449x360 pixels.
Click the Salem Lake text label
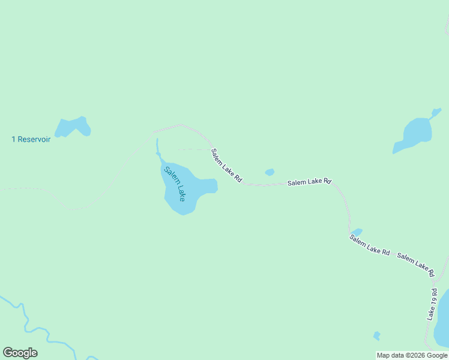click(175, 183)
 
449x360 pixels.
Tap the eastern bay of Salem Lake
click(207, 186)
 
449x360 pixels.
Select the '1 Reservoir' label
click(31, 139)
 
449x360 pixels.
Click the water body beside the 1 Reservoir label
click(72, 127)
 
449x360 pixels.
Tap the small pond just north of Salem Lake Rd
click(270, 172)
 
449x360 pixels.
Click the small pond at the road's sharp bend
click(357, 232)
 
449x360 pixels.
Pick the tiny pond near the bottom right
click(376, 335)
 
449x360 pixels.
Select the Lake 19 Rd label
click(432, 304)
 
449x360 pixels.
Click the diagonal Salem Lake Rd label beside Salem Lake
click(226, 166)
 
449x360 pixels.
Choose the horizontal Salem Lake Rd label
click(309, 182)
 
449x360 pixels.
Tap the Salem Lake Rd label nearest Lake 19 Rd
click(415, 265)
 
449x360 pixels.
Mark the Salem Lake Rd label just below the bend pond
click(370, 245)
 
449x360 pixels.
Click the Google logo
click(20, 353)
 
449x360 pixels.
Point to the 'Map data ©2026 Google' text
click(412, 355)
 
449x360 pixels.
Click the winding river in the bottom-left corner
click(24, 318)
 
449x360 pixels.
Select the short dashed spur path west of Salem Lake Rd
click(193, 149)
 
